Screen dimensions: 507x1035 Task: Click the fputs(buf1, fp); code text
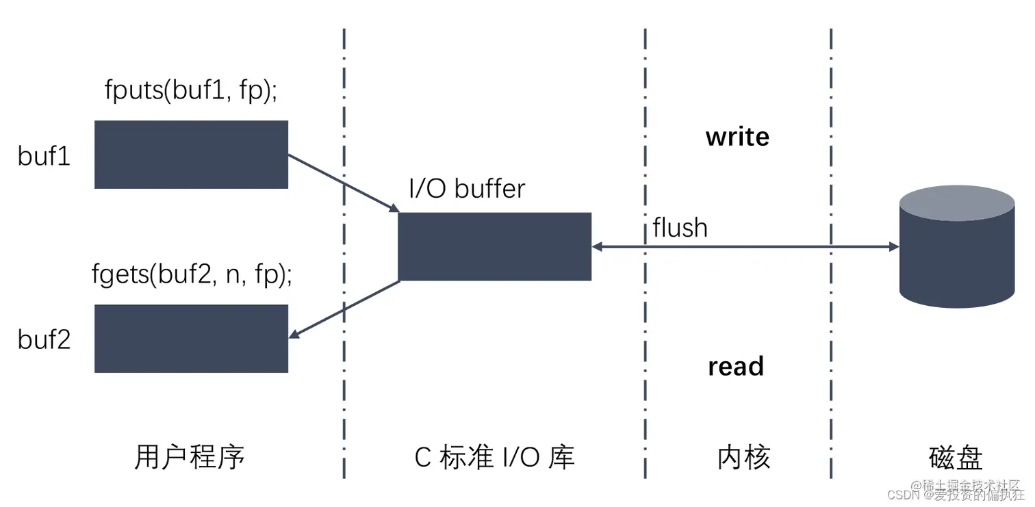tap(191, 91)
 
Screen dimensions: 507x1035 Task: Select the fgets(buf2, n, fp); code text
tap(192, 274)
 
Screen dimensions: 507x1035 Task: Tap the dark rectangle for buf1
tap(191, 155)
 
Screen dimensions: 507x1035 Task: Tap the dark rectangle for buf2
tap(191, 339)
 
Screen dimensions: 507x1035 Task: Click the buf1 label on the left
tap(44, 157)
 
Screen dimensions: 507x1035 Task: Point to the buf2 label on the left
tap(44, 339)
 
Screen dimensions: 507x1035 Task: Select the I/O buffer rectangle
tap(494, 246)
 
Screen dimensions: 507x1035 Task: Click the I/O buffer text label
tap(467, 189)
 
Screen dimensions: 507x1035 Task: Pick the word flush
tap(680, 228)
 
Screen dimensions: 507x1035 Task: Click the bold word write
tap(737, 137)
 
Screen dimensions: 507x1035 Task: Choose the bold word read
tap(736, 367)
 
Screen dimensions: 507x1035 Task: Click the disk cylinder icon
tap(956, 246)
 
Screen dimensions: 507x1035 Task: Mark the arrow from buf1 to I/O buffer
tap(344, 183)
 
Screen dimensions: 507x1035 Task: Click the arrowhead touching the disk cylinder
tap(893, 246)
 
